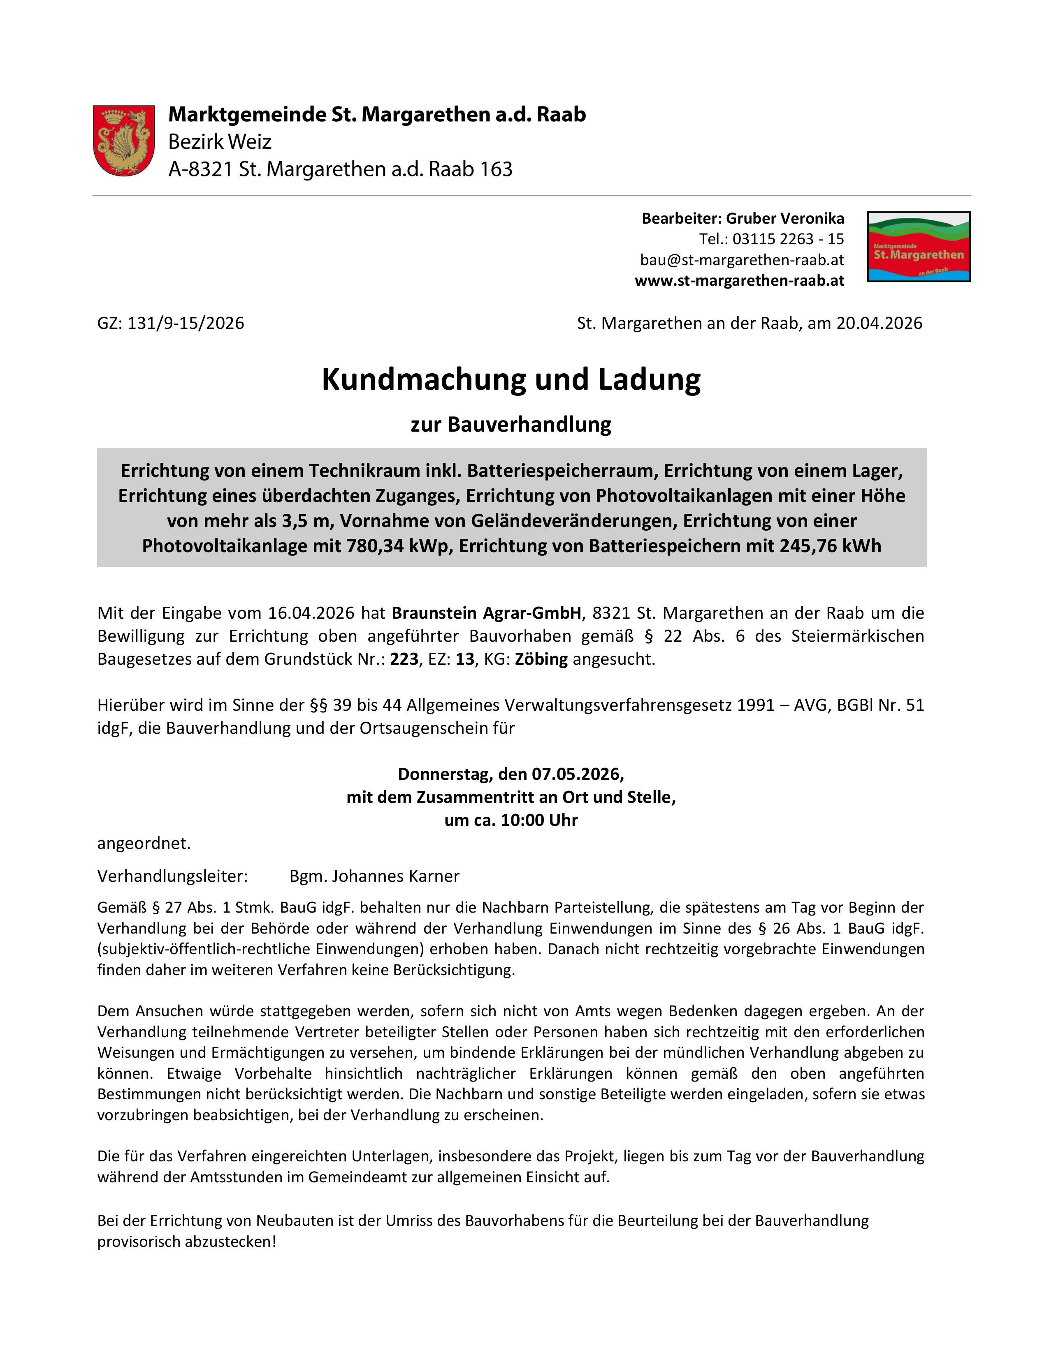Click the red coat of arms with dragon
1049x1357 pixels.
click(124, 141)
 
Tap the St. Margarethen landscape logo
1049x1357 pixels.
click(919, 247)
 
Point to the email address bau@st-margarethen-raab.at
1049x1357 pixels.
click(742, 260)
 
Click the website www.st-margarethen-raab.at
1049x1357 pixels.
click(739, 280)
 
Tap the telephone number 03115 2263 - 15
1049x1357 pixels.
click(788, 239)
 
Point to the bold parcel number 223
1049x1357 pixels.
click(404, 659)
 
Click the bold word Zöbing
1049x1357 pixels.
click(541, 659)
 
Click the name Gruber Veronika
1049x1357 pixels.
click(785, 219)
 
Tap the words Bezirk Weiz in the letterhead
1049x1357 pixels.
click(220, 142)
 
